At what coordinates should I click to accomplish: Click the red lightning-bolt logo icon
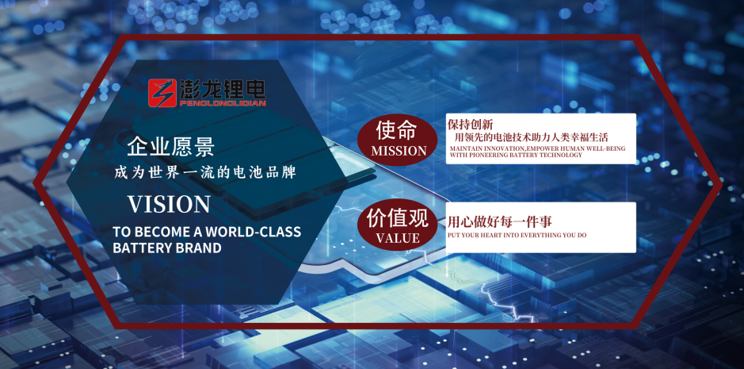(162, 92)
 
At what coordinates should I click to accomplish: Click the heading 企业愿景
(170, 146)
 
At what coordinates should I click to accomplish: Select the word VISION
(169, 204)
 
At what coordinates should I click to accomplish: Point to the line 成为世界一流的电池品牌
(208, 171)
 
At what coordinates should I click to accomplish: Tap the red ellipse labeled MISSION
(398, 139)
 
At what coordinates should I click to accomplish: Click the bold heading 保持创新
(470, 125)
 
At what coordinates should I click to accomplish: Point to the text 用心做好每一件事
(488, 222)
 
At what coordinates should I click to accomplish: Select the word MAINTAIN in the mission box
(465, 148)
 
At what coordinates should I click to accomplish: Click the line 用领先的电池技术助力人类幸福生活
(531, 137)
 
